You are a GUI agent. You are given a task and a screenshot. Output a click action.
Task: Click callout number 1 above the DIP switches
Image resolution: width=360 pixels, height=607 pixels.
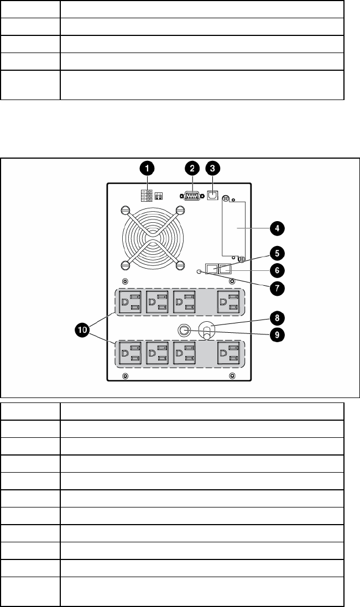[148, 167]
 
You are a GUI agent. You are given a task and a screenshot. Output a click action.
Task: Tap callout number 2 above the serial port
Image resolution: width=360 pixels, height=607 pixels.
[192, 167]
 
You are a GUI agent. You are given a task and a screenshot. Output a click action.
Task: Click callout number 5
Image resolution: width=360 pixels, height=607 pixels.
[276, 253]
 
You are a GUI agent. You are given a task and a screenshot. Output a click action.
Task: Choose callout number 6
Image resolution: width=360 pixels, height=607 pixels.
[276, 270]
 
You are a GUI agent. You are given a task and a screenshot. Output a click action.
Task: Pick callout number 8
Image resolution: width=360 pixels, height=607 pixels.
[276, 317]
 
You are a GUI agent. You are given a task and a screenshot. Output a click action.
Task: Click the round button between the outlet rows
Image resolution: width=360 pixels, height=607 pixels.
[183, 331]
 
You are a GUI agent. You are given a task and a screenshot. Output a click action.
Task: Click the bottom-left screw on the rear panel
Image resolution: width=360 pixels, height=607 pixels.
[125, 376]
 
